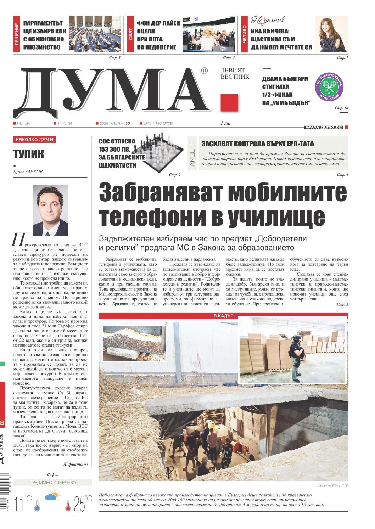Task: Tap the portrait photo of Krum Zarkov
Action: (50, 210)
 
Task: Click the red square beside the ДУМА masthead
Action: (229, 103)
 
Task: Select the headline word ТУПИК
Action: (29, 154)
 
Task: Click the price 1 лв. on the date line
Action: (226, 123)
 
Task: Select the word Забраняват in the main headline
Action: (162, 193)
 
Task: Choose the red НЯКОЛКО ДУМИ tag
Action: (34, 140)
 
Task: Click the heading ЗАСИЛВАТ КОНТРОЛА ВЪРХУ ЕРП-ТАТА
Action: (258, 144)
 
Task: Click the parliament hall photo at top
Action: (94, 34)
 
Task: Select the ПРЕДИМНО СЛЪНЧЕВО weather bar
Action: (52, 482)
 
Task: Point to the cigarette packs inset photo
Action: (135, 343)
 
